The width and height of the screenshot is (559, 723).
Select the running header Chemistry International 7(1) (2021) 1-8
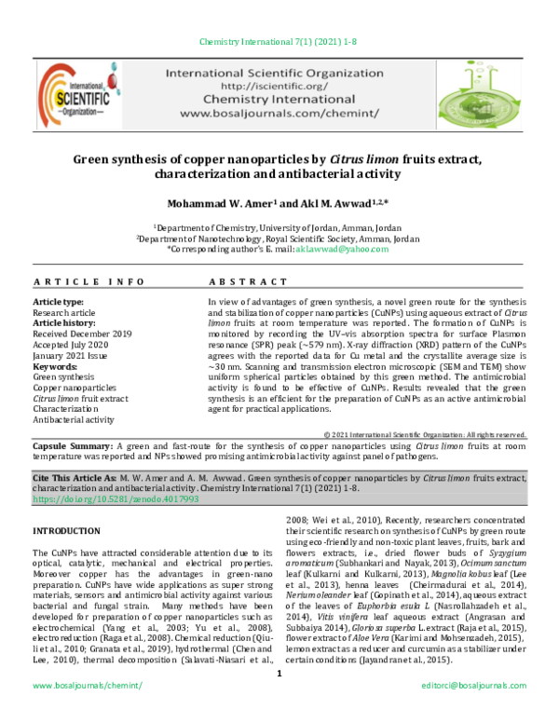[x=279, y=42]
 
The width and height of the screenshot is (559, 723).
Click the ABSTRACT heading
[x=248, y=281]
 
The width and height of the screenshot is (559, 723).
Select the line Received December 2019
[x=82, y=333]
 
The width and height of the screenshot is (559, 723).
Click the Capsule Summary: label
[x=71, y=447]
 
